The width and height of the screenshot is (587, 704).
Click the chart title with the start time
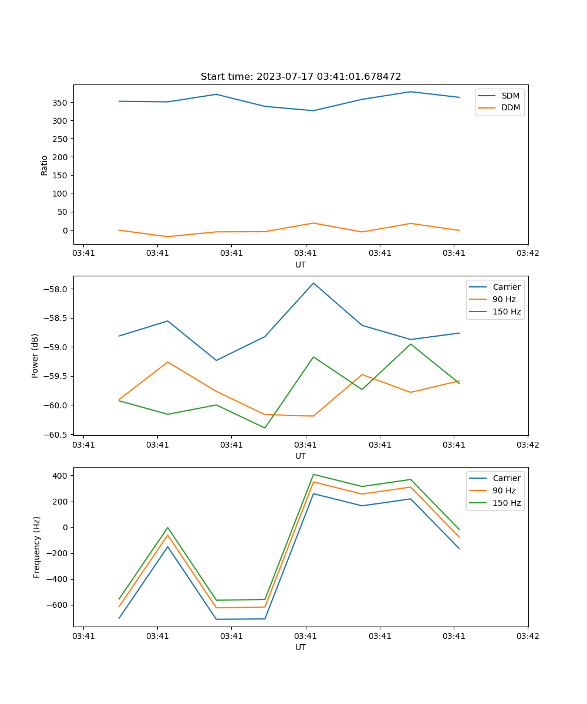[x=301, y=77]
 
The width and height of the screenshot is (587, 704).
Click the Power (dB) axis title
[x=35, y=356]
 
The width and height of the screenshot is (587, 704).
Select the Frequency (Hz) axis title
[x=37, y=547]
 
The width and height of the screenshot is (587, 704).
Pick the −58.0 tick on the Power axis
[x=56, y=289]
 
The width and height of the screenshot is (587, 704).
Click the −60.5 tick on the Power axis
[x=56, y=434]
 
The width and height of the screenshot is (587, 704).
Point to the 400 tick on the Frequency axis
[x=60, y=476]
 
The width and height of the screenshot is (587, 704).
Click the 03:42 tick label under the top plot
[x=527, y=253]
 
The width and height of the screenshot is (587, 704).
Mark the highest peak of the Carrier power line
[x=313, y=283]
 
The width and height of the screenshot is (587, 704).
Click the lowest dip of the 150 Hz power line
[x=265, y=428]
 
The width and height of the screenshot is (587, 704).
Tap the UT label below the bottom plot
[x=301, y=647]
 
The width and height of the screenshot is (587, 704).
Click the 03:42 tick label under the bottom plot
[x=527, y=636]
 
